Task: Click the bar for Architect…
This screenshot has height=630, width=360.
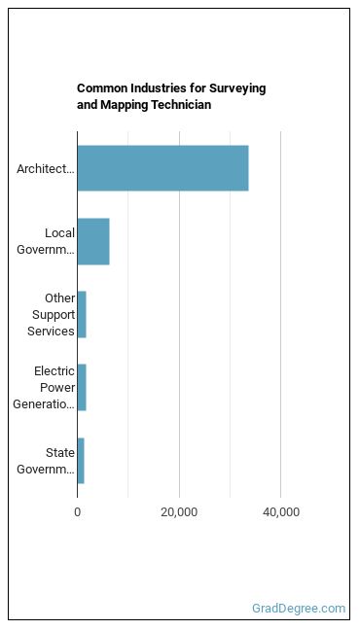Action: tap(162, 168)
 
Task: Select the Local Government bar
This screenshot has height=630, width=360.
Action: tap(93, 241)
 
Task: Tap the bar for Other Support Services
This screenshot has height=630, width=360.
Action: tap(82, 315)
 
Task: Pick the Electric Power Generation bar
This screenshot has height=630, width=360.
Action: tap(82, 388)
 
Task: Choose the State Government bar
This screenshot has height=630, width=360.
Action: tap(81, 461)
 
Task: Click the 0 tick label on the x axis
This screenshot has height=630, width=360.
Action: tap(77, 512)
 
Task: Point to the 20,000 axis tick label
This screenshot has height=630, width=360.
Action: tap(179, 513)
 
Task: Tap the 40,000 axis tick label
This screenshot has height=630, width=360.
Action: tap(281, 513)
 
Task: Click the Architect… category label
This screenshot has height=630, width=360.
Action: tap(46, 169)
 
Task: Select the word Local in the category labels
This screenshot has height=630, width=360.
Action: tap(59, 233)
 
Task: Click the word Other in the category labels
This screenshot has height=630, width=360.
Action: tap(59, 298)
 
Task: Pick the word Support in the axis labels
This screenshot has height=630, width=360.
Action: tap(54, 315)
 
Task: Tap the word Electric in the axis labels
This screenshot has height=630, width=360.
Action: tap(54, 370)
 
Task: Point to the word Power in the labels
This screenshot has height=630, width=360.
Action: tap(63, 388)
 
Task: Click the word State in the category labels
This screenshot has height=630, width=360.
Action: tap(60, 453)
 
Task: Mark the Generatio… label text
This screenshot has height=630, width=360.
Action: tap(44, 404)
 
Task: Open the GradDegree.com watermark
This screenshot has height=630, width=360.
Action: tap(299, 609)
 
